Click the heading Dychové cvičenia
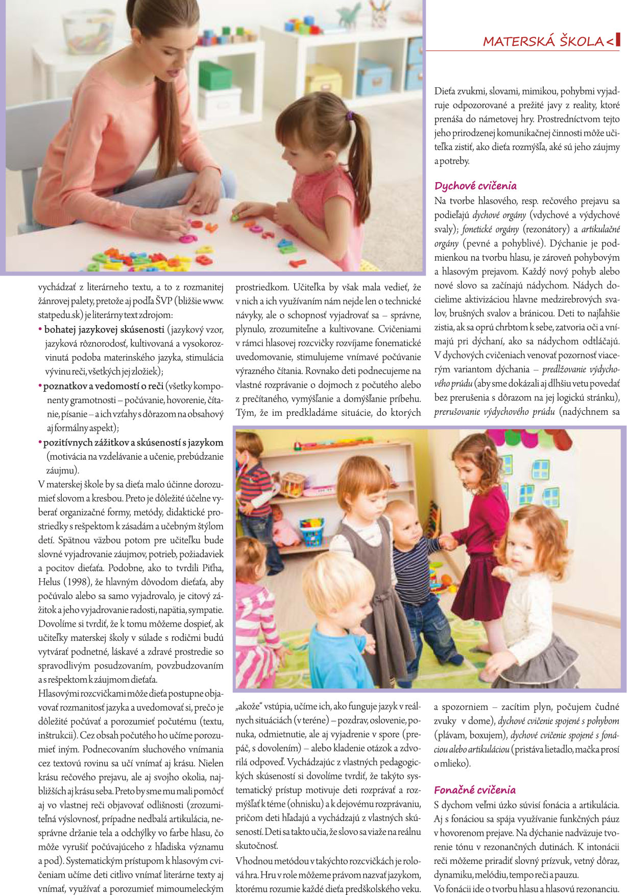coord(475,186)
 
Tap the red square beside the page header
coord(618,40)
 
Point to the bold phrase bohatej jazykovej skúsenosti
coord(104,330)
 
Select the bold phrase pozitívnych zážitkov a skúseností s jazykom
coord(133,442)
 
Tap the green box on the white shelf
coord(215,75)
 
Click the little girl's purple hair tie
coord(350,115)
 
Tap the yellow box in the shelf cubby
coord(323,80)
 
